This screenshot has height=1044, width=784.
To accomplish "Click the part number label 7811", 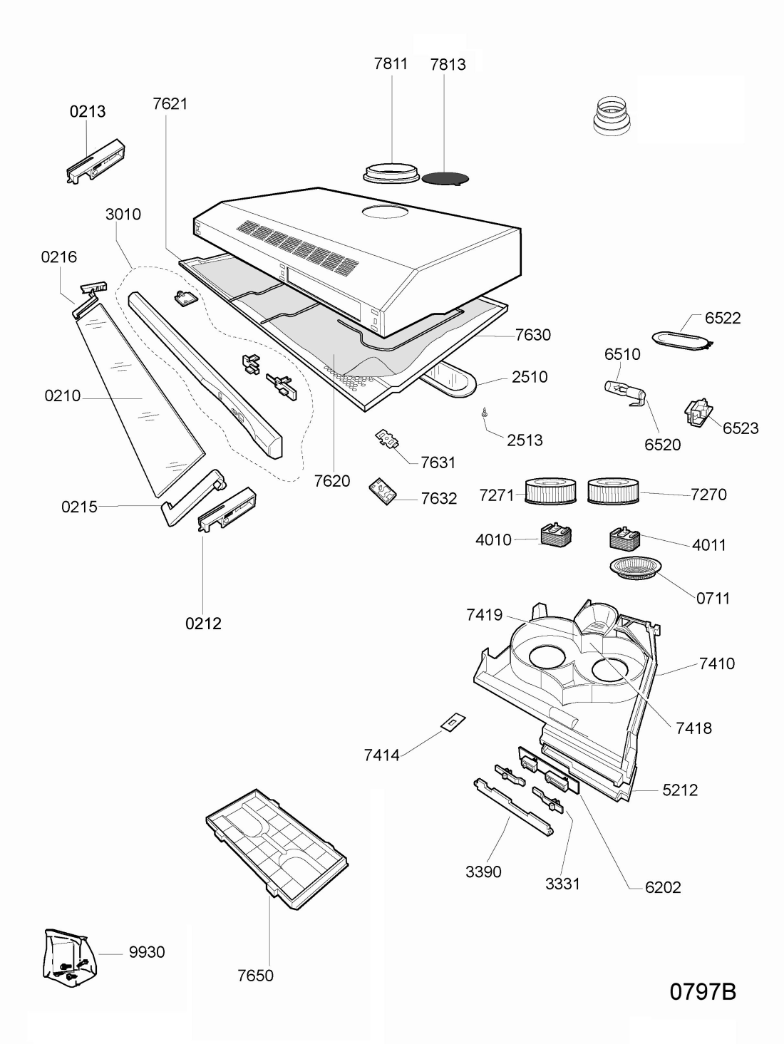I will point(391,63).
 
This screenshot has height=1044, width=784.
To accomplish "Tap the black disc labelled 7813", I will point(445,178).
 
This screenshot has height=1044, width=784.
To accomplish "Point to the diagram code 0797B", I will point(703,991).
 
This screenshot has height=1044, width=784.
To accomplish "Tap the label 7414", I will point(381,755).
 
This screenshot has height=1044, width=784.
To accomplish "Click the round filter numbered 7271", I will point(550,491).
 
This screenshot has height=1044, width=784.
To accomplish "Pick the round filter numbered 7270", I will point(613,491).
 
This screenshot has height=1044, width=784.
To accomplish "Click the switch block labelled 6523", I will point(698,413).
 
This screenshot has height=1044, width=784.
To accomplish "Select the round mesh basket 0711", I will point(636,568).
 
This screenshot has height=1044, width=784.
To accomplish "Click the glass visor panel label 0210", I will point(63,396).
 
